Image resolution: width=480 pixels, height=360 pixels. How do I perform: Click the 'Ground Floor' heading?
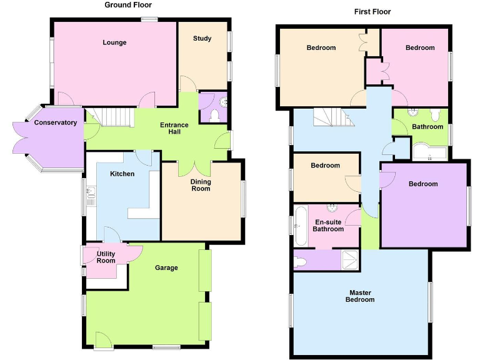pyautogui.click(x=127, y=5)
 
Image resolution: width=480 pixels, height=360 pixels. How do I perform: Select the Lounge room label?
pyautogui.click(x=114, y=42)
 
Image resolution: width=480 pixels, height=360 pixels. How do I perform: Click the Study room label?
pyautogui.click(x=202, y=39)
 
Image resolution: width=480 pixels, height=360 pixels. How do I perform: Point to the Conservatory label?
pyautogui.click(x=56, y=122)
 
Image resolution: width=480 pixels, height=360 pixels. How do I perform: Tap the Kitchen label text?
pyautogui.click(x=122, y=173)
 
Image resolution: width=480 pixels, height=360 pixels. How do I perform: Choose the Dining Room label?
pyautogui.click(x=201, y=185)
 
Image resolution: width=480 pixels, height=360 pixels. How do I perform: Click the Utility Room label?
pyautogui.click(x=106, y=256)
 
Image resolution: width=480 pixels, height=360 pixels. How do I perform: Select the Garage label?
pyautogui.click(x=166, y=267)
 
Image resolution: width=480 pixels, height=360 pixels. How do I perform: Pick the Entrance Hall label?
pyautogui.click(x=174, y=129)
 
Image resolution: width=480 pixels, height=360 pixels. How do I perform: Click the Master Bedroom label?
pyautogui.click(x=361, y=296)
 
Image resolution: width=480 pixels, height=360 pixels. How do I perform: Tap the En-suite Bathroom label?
pyautogui.click(x=328, y=225)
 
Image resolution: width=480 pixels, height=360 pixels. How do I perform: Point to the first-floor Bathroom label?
pyautogui.click(x=427, y=127)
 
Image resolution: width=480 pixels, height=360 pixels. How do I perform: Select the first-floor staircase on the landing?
pyautogui.click(x=331, y=117)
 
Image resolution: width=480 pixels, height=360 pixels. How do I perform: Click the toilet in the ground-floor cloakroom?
pyautogui.click(x=215, y=115)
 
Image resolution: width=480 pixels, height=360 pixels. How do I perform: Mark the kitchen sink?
pyautogui.click(x=92, y=197)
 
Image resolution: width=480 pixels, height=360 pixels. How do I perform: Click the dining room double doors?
pyautogui.click(x=194, y=167)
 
